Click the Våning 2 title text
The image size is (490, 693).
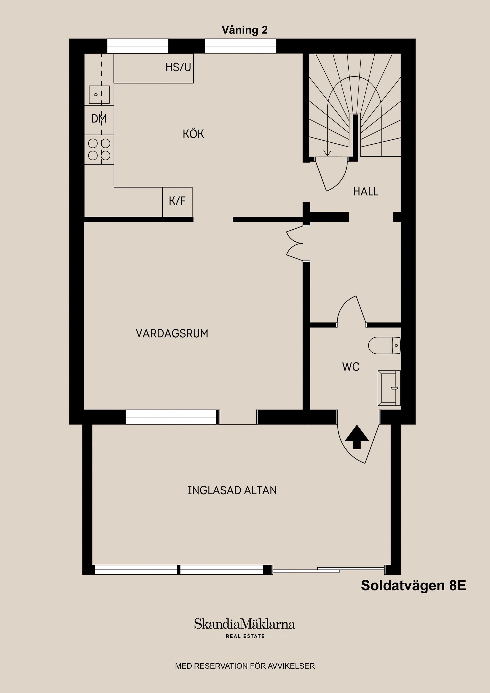[244, 30]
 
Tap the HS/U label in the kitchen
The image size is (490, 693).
[178, 67]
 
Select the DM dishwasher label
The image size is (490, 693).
[99, 119]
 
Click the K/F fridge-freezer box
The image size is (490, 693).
[177, 201]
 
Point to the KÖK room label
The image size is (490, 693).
[193, 134]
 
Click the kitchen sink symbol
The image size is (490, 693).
[99, 94]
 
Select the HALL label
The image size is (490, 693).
[366, 192]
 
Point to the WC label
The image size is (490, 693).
[351, 367]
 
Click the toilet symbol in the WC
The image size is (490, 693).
[384, 345]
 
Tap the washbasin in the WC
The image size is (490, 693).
[389, 388]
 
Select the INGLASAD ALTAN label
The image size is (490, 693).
[232, 490]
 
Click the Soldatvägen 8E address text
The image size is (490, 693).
[413, 586]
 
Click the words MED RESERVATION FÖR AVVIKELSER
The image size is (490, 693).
[245, 666]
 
